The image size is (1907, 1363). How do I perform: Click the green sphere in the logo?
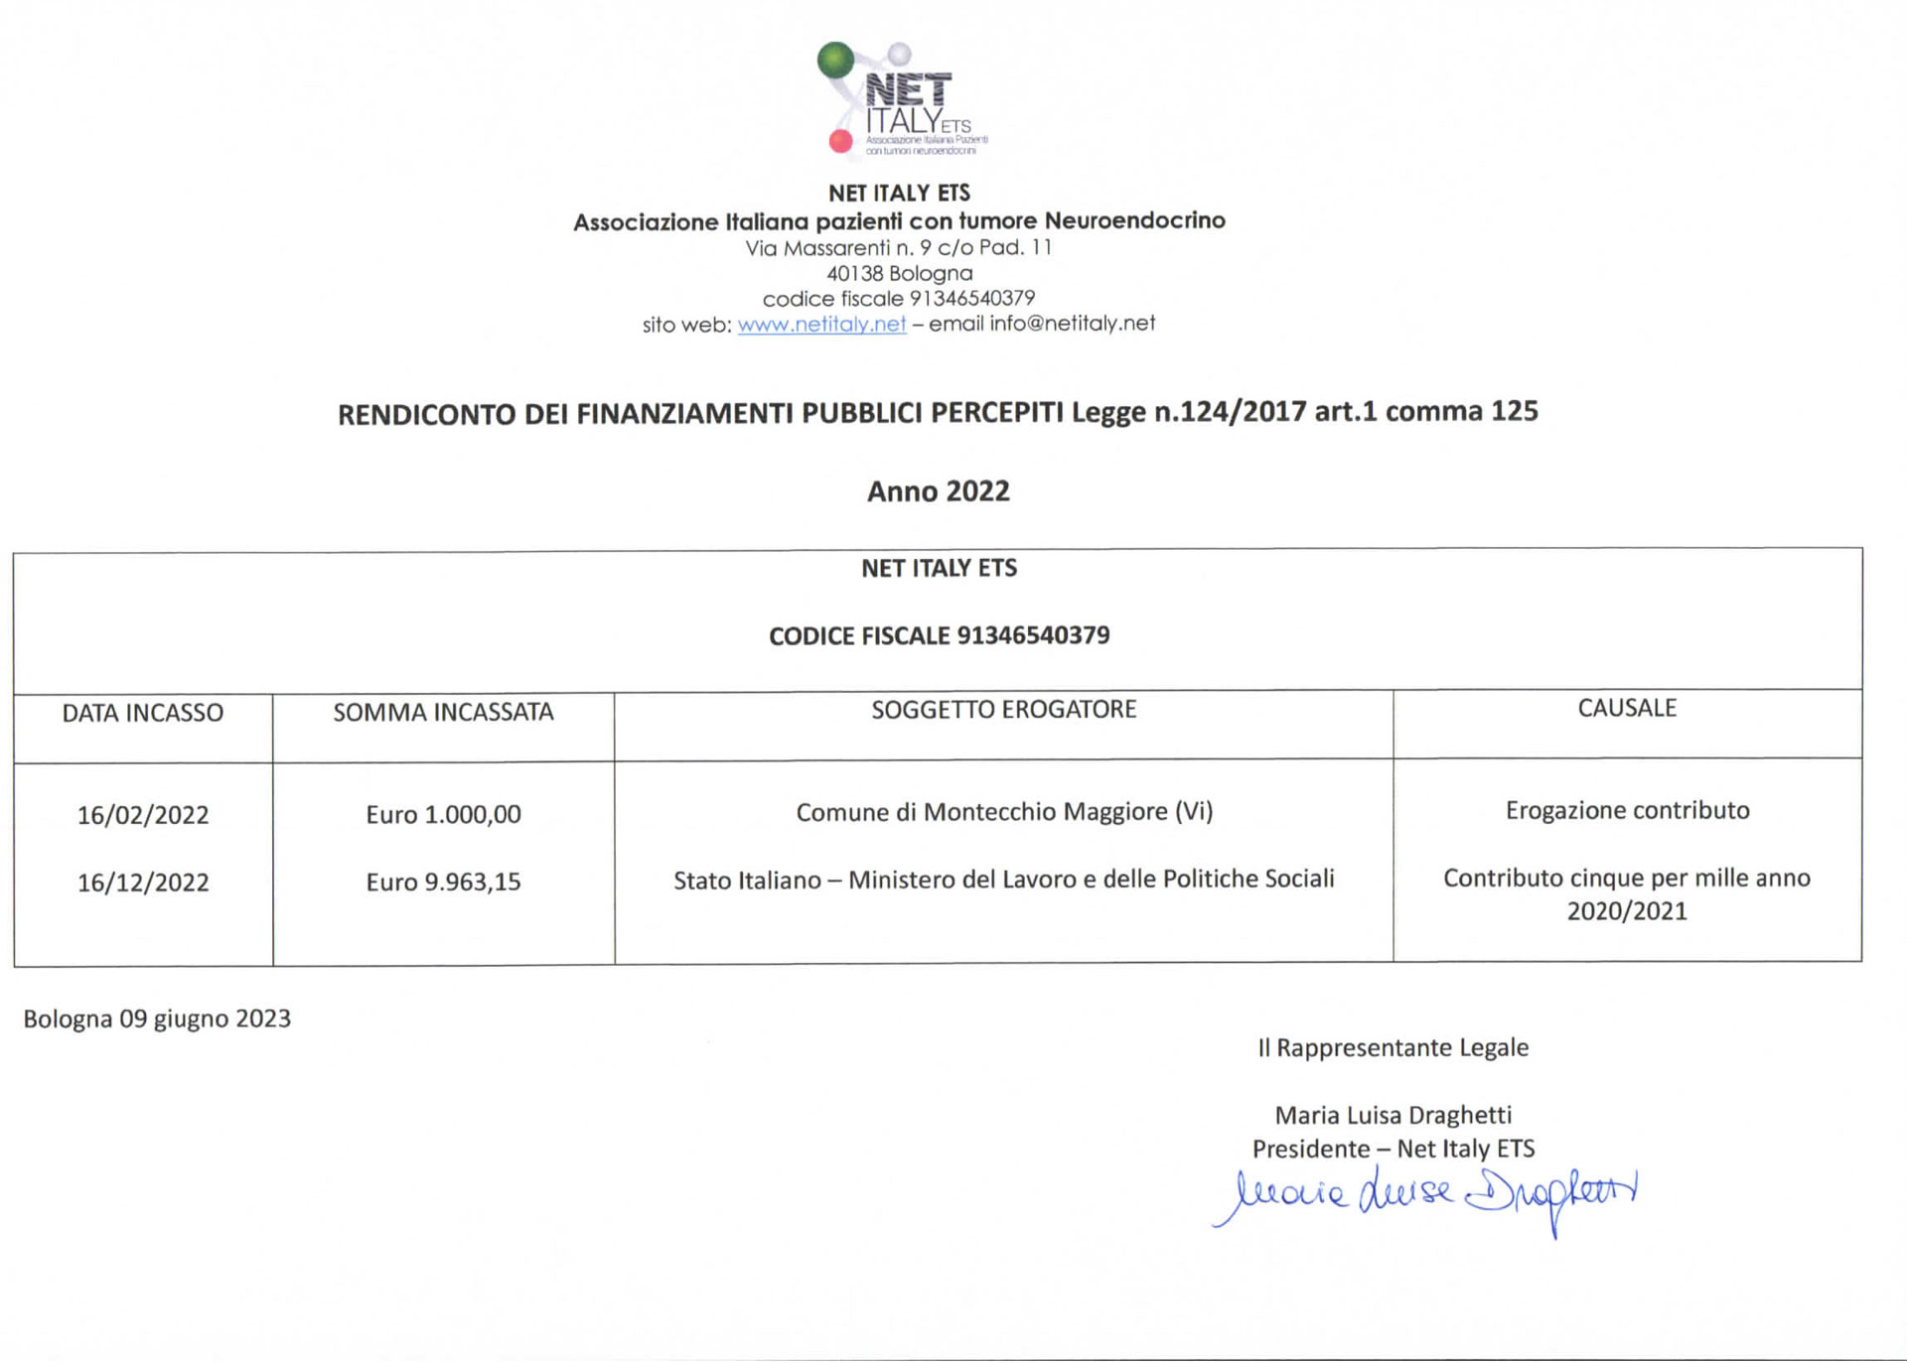point(835,60)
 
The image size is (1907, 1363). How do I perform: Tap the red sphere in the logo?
point(840,141)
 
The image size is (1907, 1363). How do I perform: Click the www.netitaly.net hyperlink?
point(821,325)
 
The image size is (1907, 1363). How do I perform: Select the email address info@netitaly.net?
point(1072,324)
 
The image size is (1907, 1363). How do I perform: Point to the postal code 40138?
point(854,273)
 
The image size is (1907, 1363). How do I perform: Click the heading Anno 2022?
point(938,491)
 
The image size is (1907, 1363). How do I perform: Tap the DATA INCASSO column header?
point(143,713)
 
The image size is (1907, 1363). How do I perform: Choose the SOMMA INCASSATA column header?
point(443,712)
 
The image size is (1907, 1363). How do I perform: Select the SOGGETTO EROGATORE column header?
point(1003,709)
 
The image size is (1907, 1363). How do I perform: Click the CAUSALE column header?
point(1627,708)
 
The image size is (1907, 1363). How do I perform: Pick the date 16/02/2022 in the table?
point(143,815)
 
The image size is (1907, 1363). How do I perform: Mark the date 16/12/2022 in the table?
point(143,883)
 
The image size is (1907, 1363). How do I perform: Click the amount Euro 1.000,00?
point(443,814)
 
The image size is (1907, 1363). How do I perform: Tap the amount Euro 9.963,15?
point(443,882)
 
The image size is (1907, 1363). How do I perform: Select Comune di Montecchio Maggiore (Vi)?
point(1004,812)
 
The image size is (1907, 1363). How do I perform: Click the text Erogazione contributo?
point(1627,810)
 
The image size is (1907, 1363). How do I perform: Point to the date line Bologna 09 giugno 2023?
point(157,1019)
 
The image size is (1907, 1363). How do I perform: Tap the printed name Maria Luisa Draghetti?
point(1393,1115)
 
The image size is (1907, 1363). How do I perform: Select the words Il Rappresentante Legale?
point(1393,1047)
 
